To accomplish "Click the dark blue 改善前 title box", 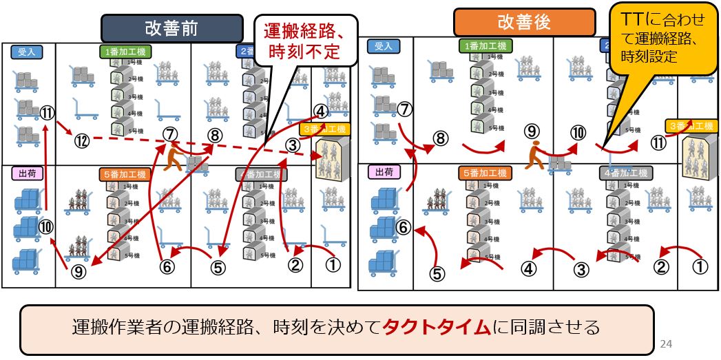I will (171, 28).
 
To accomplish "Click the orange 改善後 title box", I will (524, 22).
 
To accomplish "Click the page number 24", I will (665, 343).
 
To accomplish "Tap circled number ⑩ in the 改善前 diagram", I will (46, 226).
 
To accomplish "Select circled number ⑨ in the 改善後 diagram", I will (531, 129).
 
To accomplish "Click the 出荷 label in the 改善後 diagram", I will (383, 172).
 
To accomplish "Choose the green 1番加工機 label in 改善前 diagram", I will (126, 51).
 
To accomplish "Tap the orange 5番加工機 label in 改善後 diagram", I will (485, 172).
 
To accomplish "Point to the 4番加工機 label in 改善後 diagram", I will (625, 172).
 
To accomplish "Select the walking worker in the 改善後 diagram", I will (534, 156).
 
